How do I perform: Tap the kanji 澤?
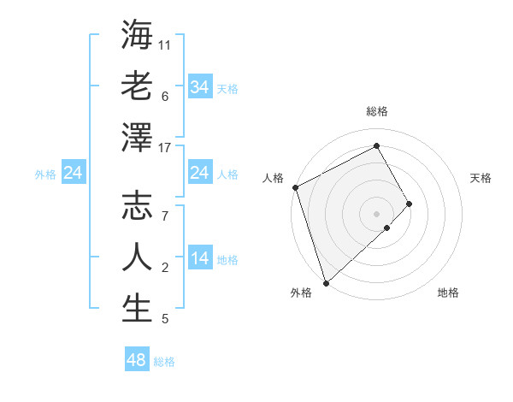coord(137,137)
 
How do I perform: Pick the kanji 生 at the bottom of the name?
coord(137,308)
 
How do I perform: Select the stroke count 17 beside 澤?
coord(165,148)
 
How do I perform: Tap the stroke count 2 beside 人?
coord(165,269)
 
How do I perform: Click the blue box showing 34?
coord(199,87)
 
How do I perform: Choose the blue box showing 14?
coord(199,259)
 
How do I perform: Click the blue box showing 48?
coord(137,360)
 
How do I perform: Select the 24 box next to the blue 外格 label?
coord(74,174)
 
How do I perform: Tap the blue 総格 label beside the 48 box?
coord(164,362)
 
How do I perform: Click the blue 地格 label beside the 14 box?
coord(227,260)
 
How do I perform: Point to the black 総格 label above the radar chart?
coord(376,112)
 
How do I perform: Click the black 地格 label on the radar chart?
coord(448,293)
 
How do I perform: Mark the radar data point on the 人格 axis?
coord(295,187)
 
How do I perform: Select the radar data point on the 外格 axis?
coord(325,282)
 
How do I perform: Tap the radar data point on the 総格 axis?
coord(376,145)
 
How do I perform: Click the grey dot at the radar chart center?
coord(376,213)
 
